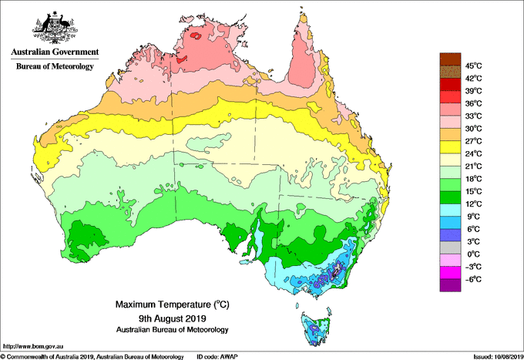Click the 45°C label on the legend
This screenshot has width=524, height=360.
tap(474, 66)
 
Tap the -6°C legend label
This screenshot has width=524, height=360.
tap(473, 279)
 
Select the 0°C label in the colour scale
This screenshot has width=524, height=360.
tap(473, 254)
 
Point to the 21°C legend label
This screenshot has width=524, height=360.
tap(474, 167)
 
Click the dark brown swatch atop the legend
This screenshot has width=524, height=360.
tap(450, 59)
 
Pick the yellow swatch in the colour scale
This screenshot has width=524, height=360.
tap(450, 147)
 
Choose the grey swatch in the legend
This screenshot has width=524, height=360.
tap(450, 247)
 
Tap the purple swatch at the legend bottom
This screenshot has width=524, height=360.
tap(450, 285)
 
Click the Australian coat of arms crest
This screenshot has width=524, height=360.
tap(55, 28)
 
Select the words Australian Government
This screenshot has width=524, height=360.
tap(55, 52)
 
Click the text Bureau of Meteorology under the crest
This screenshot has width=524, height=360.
tap(55, 66)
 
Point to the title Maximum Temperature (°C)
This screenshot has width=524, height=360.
tap(173, 304)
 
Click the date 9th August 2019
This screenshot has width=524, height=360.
tap(173, 318)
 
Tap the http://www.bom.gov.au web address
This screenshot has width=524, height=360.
tap(33, 346)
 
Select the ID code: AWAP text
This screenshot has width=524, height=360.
tap(217, 357)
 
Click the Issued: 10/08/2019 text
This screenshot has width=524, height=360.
tap(499, 357)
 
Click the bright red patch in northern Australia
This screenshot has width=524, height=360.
tap(195, 35)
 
